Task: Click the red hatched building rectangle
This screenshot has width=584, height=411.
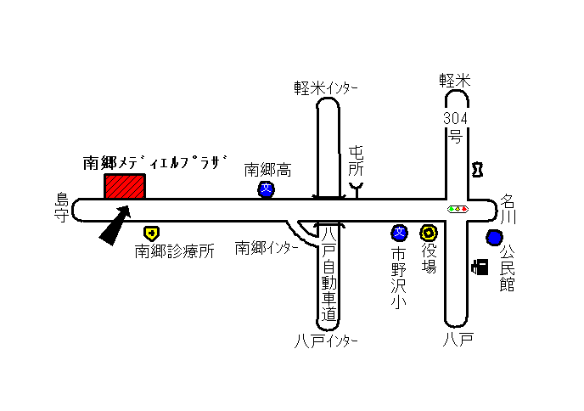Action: (x=125, y=186)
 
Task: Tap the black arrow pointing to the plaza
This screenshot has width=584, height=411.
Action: (x=115, y=225)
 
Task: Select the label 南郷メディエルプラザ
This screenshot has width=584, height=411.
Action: (x=155, y=162)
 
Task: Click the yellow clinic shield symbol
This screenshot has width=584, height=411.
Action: (x=152, y=234)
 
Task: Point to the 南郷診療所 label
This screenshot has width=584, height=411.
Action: (x=174, y=251)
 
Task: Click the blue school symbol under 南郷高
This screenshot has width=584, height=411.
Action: (x=266, y=189)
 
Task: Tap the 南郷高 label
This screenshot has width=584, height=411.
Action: (x=267, y=170)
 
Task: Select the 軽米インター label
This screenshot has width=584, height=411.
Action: (x=326, y=88)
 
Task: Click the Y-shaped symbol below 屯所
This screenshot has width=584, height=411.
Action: (x=357, y=189)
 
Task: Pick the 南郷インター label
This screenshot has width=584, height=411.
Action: (x=267, y=248)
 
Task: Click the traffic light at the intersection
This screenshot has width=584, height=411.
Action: (x=458, y=209)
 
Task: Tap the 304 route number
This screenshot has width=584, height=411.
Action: (x=455, y=119)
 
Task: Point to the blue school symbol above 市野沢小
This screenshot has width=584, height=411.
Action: (x=399, y=233)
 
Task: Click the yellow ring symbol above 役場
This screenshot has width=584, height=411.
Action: (x=429, y=233)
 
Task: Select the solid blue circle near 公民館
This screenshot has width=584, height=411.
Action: (x=494, y=238)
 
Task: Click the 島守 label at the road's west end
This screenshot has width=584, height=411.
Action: (x=62, y=207)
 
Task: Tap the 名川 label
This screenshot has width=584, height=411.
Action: (x=508, y=209)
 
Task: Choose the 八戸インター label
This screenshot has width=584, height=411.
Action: (x=326, y=341)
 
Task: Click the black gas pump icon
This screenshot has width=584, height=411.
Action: (x=480, y=267)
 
